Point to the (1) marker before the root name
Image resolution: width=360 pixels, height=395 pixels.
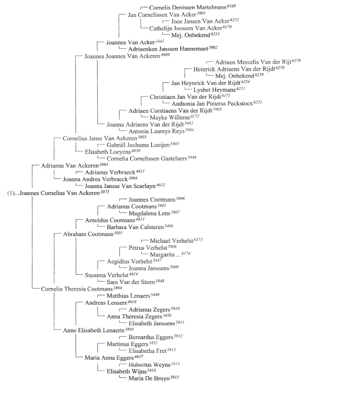(12, 193)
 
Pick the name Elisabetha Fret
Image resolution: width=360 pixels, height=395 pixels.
(147, 351)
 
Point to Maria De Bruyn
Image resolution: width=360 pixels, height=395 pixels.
(149, 378)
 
